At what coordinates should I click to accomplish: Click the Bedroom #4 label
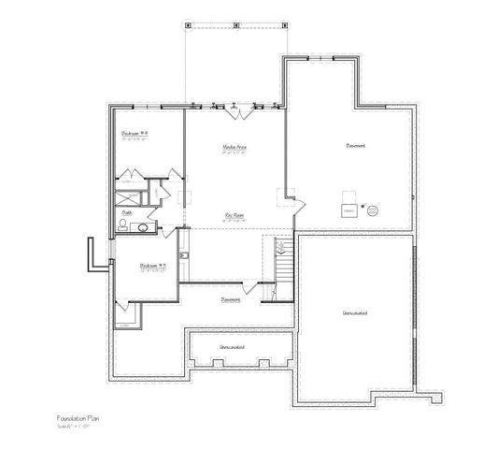[135, 134]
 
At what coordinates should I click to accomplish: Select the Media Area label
[234, 147]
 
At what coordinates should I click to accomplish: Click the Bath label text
[126, 212]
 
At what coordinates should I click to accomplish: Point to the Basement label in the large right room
[355, 146]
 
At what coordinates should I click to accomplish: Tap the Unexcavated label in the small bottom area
[232, 347]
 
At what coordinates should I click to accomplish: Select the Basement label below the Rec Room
[231, 299]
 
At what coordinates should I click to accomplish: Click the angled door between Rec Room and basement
[292, 198]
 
